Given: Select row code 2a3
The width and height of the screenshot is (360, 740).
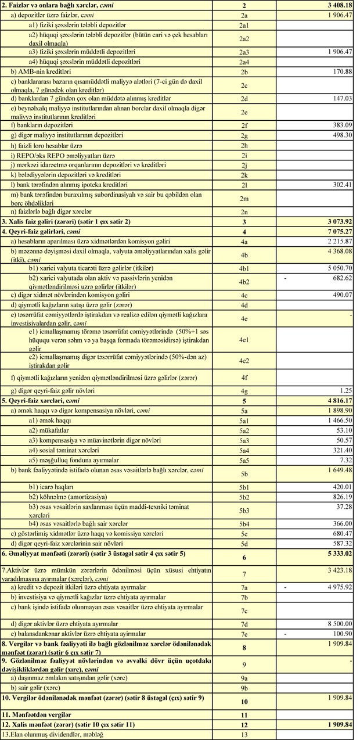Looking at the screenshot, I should (x=244, y=52).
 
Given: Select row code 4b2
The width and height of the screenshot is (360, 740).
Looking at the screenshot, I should (x=244, y=282).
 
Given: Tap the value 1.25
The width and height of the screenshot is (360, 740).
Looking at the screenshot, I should (x=346, y=391).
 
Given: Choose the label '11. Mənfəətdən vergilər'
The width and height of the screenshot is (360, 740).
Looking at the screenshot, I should (x=38, y=713).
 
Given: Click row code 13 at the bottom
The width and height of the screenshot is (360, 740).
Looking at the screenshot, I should (x=244, y=735).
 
